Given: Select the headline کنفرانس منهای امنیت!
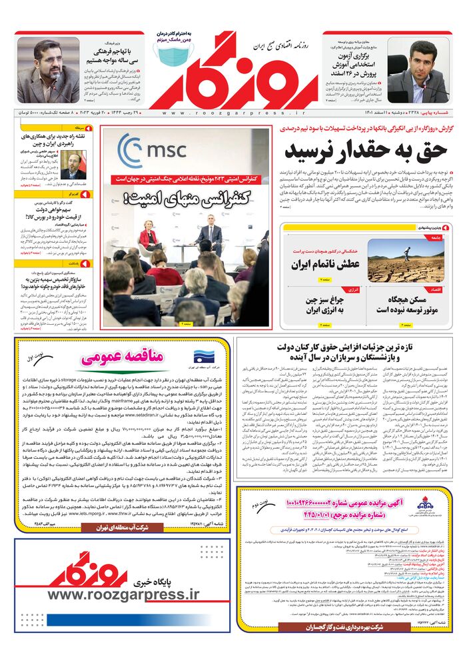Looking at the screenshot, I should pyautogui.click(x=188, y=198).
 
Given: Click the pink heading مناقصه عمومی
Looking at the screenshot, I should pyautogui.click(x=123, y=357).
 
